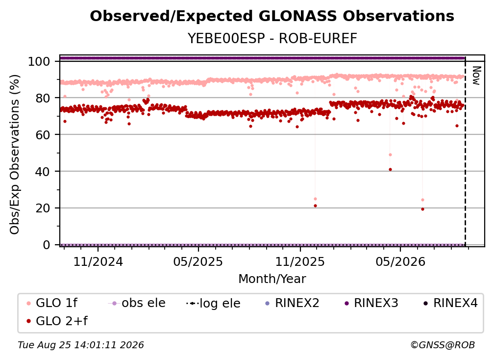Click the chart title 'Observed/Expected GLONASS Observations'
[x=272, y=16]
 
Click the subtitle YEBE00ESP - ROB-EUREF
[x=272, y=38]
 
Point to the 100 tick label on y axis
[x=39, y=61]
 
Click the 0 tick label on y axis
[x=47, y=245]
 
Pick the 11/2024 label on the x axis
[x=98, y=261]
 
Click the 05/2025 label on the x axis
[x=198, y=261]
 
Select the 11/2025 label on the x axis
[x=300, y=261]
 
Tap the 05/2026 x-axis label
[x=400, y=261]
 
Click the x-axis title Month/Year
[x=272, y=279]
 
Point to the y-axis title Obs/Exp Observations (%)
[x=15, y=154]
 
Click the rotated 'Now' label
[x=476, y=76]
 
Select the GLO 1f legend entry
[x=52, y=303]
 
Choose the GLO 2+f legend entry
[x=57, y=321]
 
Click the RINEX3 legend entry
[x=371, y=303]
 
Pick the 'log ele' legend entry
[x=213, y=303]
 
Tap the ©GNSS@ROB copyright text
[x=443, y=345]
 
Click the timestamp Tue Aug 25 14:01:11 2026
[x=81, y=345]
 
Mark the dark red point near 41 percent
[x=390, y=170]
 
